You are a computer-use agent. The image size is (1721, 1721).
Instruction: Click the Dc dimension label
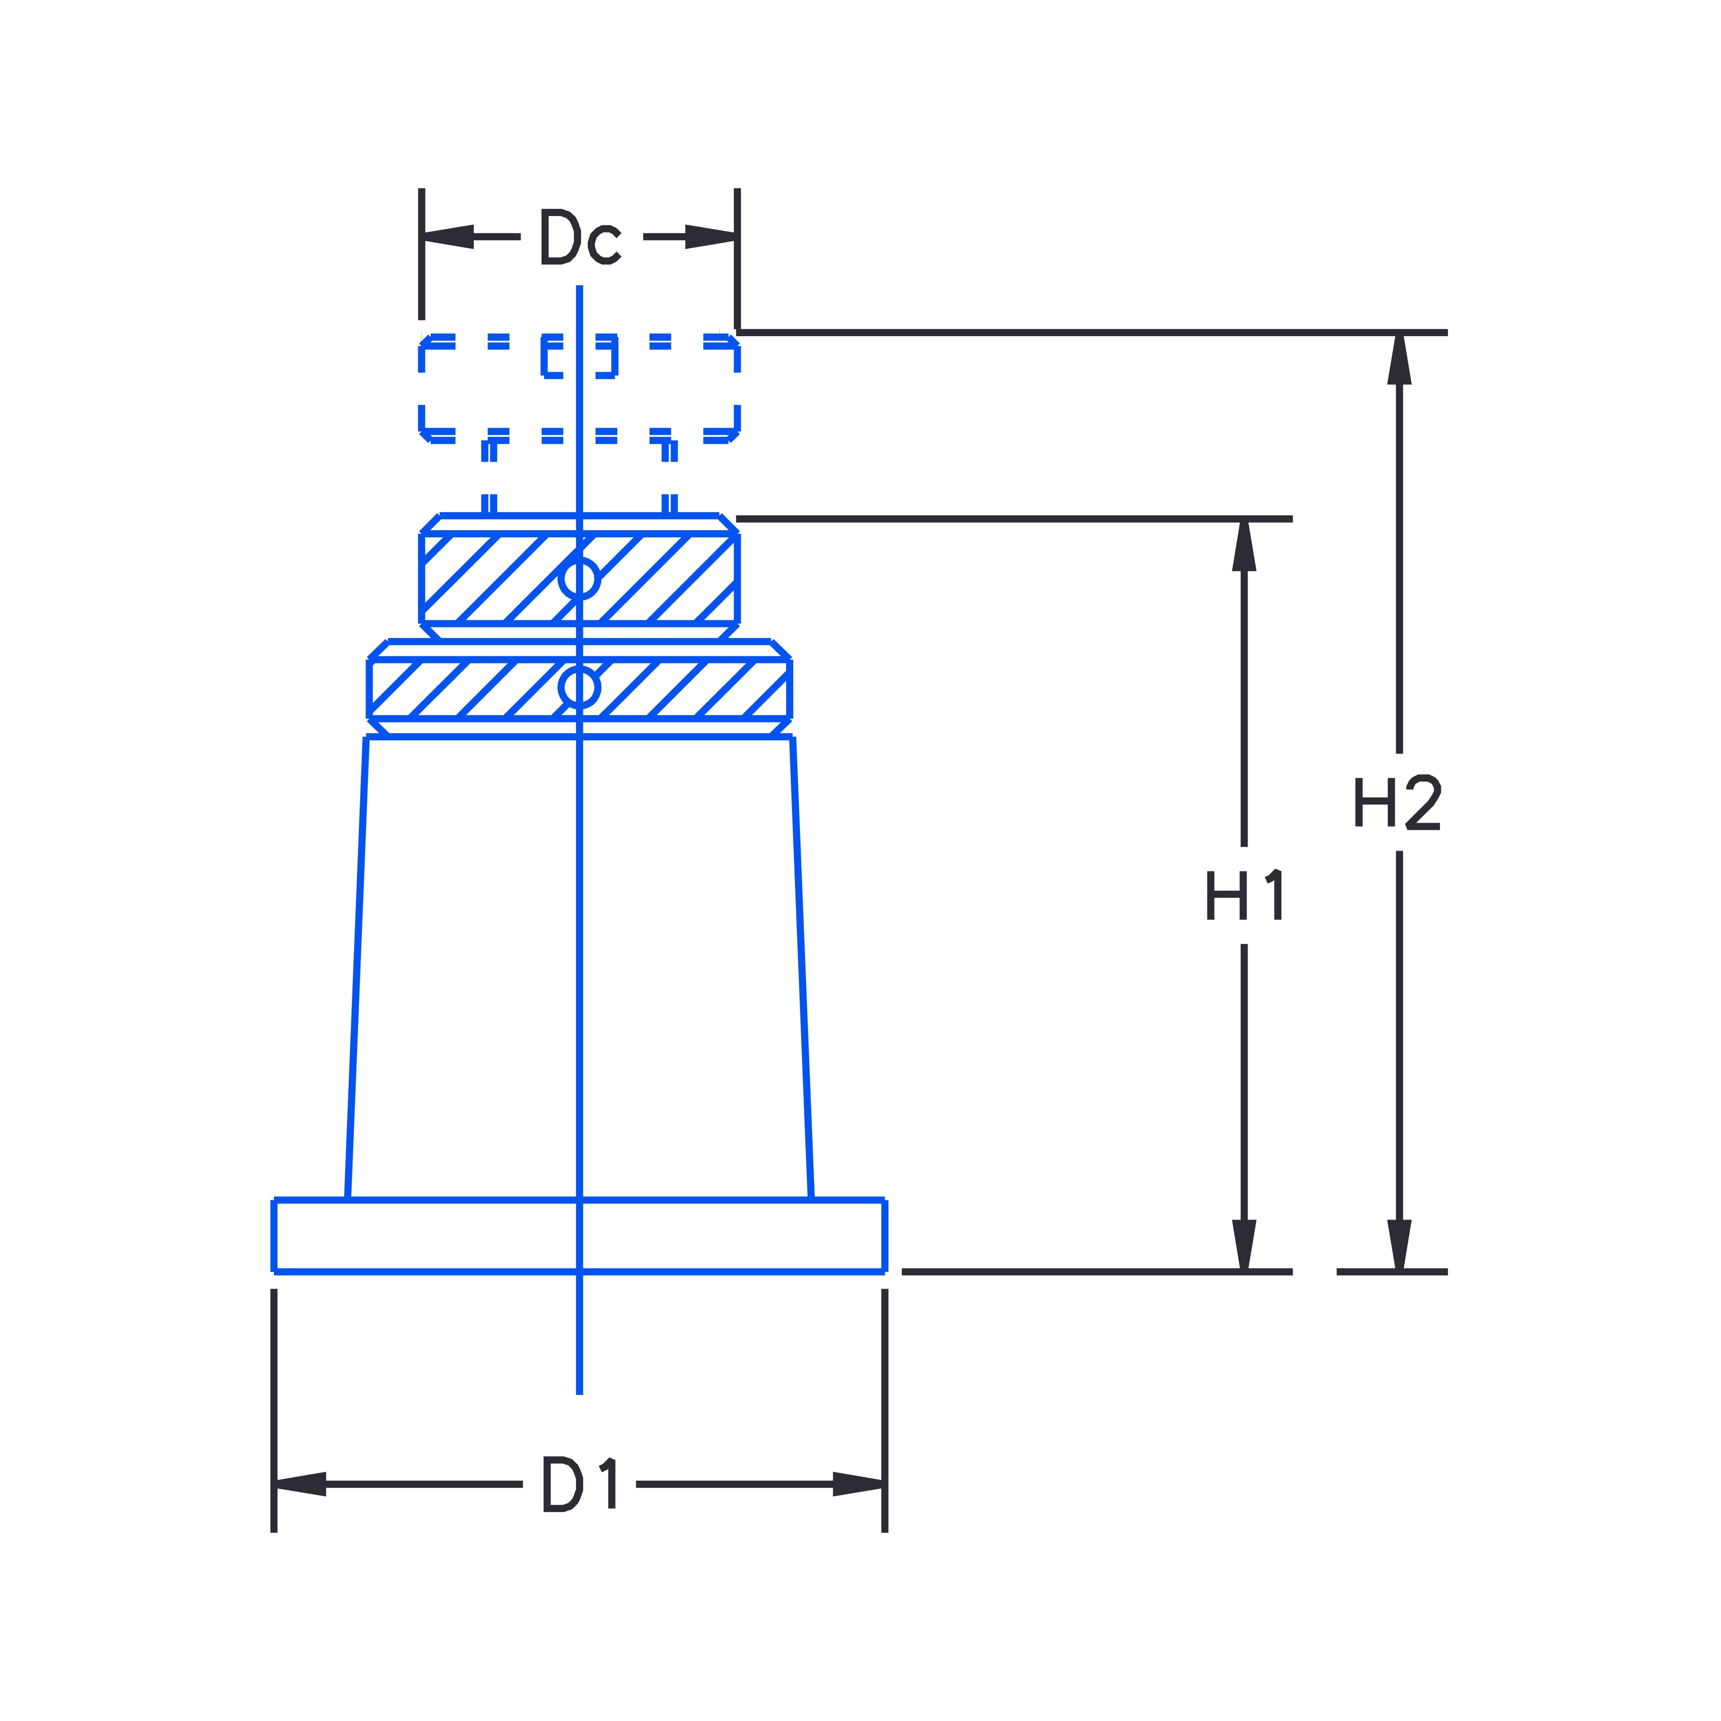click(580, 238)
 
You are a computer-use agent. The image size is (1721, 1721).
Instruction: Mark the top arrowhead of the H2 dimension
click(1399, 359)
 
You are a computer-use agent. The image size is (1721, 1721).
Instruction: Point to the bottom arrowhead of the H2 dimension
click(1399, 1245)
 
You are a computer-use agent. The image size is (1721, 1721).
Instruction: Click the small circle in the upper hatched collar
click(579, 579)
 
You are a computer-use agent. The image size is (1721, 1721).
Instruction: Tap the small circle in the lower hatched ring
click(579, 687)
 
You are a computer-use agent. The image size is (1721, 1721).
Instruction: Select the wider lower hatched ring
click(695, 688)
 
